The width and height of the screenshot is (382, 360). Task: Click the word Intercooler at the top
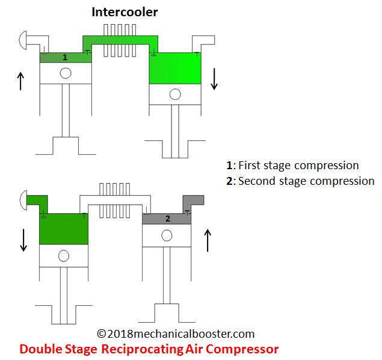pyautogui.click(x=125, y=11)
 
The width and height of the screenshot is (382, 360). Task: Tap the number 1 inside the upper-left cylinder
pyautogui.click(x=65, y=57)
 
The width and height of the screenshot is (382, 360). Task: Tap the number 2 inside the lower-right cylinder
pyautogui.click(x=168, y=219)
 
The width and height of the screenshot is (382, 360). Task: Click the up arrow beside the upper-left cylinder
pyautogui.click(x=21, y=81)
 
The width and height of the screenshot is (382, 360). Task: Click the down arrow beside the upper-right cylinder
pyautogui.click(x=214, y=79)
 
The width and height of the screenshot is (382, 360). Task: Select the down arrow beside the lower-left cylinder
pyautogui.click(x=23, y=240)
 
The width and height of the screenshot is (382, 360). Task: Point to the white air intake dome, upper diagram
pyautogui.click(x=23, y=40)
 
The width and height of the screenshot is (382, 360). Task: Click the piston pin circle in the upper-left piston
pyautogui.click(x=66, y=73)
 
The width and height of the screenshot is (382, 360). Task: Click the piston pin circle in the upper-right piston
pyautogui.click(x=174, y=94)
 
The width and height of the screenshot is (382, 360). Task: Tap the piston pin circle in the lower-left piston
pyautogui.click(x=64, y=255)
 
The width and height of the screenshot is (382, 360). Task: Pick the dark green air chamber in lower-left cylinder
pyautogui.click(x=64, y=229)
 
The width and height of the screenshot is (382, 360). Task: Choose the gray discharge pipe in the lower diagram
pyautogui.click(x=194, y=200)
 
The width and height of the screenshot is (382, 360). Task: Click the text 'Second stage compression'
pyautogui.click(x=306, y=181)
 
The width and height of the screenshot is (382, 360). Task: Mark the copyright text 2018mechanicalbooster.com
pyautogui.click(x=176, y=334)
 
